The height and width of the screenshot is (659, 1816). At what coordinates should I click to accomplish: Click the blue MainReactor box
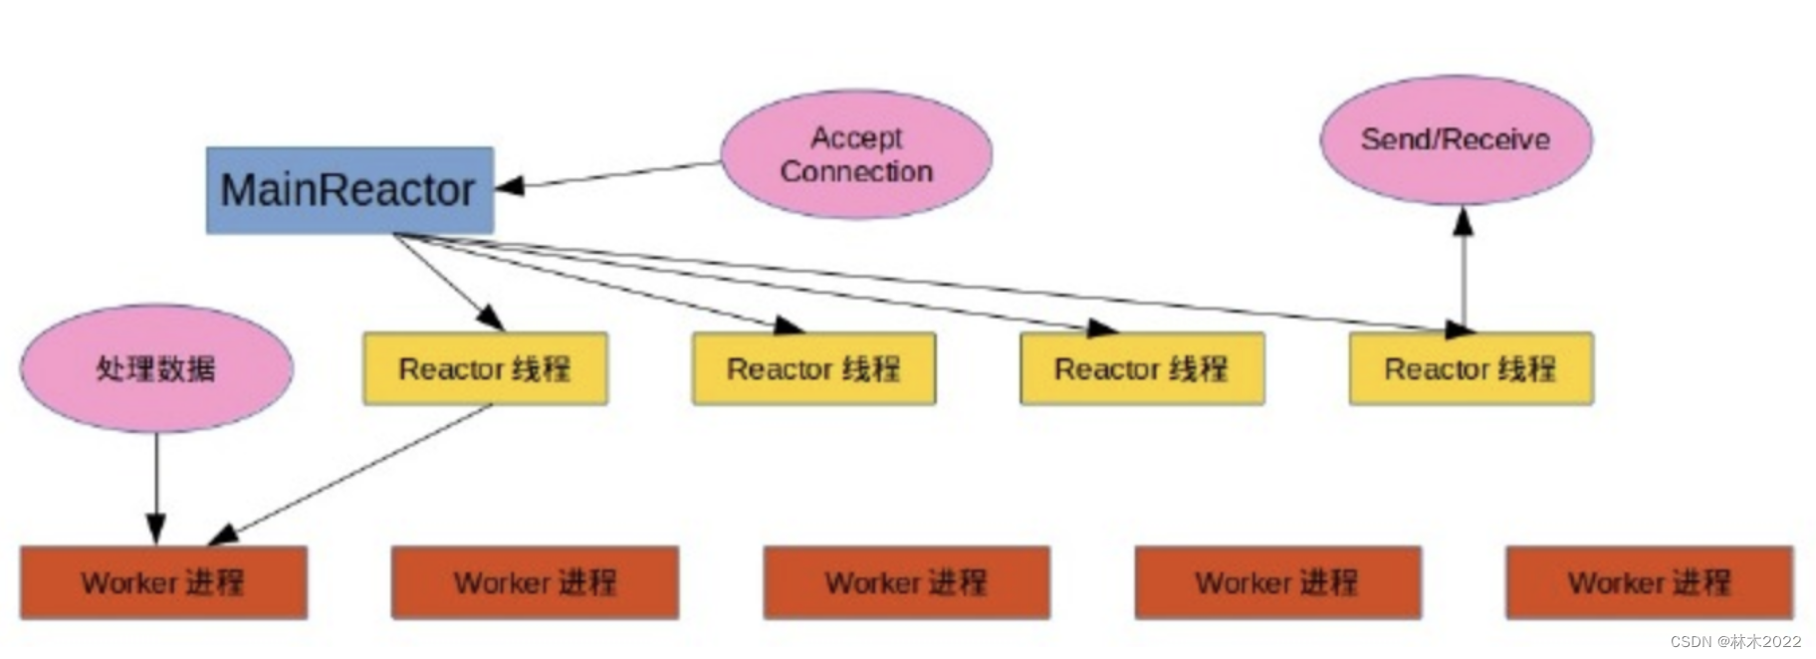[349, 190]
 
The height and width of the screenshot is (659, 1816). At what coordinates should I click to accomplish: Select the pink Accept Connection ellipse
[856, 154]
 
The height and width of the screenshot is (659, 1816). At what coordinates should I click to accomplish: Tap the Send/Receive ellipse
[1456, 139]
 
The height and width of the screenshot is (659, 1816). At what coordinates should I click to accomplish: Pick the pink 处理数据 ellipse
[156, 368]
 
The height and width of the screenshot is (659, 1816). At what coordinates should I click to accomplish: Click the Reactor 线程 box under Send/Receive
[1471, 368]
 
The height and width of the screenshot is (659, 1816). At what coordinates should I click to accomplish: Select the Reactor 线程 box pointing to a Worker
[485, 368]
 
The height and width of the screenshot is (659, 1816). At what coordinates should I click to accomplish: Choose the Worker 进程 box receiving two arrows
[163, 582]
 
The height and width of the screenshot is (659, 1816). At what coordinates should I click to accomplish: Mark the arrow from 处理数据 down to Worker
[156, 488]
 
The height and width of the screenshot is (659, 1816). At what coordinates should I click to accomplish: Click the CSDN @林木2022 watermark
[1735, 641]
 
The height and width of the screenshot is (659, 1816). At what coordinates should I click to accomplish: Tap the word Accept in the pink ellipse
[856, 137]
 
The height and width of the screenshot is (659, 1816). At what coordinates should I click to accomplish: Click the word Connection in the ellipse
[856, 171]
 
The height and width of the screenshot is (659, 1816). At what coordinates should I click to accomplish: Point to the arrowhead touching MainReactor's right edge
[509, 185]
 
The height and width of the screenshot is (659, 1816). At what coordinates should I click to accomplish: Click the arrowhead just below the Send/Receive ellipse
[1463, 221]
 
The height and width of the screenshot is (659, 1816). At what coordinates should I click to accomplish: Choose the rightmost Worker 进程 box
[1649, 582]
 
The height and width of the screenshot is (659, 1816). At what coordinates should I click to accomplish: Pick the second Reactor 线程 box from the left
[813, 368]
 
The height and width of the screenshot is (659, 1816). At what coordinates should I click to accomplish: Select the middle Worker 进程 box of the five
[906, 582]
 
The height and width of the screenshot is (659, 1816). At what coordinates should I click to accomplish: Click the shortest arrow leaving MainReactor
[448, 282]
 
